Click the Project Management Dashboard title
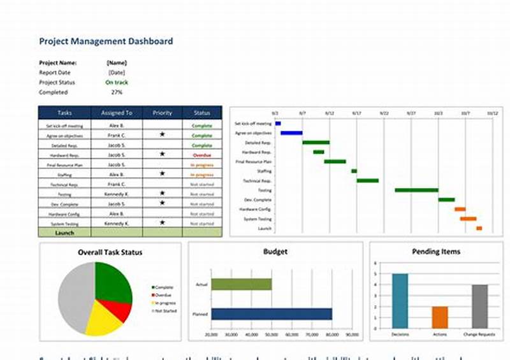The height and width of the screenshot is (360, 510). tap(106, 41)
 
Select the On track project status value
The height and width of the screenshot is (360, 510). tap(117, 82)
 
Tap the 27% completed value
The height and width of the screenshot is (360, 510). tap(117, 92)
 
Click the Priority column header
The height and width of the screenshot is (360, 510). tap(163, 113)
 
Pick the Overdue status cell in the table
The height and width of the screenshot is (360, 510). tap(202, 155)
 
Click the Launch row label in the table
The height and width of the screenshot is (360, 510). tap(64, 233)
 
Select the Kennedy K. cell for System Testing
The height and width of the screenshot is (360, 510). tap(117, 224)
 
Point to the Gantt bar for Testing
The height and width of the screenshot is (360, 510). tap(416, 190)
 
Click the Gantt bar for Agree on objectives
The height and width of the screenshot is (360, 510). tap(291, 133)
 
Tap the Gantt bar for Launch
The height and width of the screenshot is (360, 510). tap(479, 228)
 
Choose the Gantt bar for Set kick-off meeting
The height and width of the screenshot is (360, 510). tap(278, 124)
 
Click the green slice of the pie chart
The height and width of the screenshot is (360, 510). tap(113, 283)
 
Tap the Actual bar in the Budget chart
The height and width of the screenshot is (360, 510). tap(241, 284)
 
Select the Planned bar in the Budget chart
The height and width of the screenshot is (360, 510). tap(272, 313)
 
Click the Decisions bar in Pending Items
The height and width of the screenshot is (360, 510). tap(400, 301)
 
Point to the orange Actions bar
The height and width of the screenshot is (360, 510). tap(440, 317)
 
